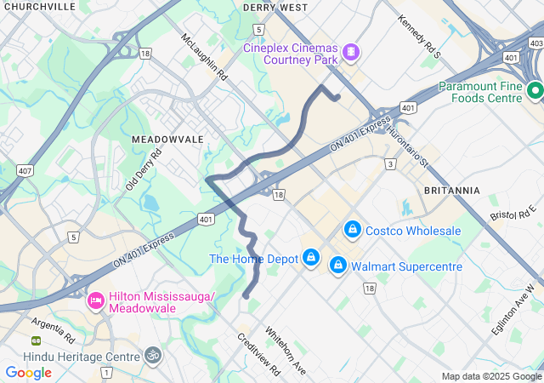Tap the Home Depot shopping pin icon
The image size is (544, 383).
312,258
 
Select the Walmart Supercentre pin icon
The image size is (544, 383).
338,266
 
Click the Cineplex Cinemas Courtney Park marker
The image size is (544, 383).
350,54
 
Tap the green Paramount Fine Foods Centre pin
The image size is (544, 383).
535,91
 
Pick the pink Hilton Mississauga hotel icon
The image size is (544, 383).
96,301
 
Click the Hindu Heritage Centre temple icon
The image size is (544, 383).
153,354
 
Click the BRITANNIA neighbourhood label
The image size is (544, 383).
451,190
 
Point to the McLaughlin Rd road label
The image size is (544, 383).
205,56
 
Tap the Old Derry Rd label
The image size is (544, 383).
144,170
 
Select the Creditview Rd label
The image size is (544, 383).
258,354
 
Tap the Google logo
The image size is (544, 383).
28,372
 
